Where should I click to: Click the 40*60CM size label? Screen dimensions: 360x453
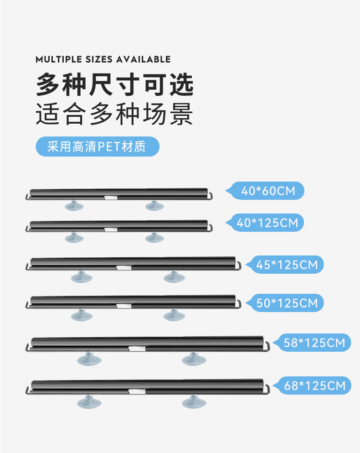269,191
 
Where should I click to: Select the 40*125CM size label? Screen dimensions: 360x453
268,223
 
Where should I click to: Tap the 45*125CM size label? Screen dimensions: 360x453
287,265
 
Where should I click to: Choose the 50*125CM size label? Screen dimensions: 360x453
287,303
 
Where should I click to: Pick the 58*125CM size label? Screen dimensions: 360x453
314,343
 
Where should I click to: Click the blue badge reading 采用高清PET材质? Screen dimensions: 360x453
97,147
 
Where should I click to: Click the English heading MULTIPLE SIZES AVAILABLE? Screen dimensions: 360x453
103,59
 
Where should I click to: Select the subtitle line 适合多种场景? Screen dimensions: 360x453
115,114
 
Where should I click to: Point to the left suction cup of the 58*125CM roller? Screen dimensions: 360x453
89,358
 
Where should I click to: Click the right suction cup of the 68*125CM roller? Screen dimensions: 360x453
194,401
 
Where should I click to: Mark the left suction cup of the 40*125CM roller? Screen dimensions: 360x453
74,237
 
